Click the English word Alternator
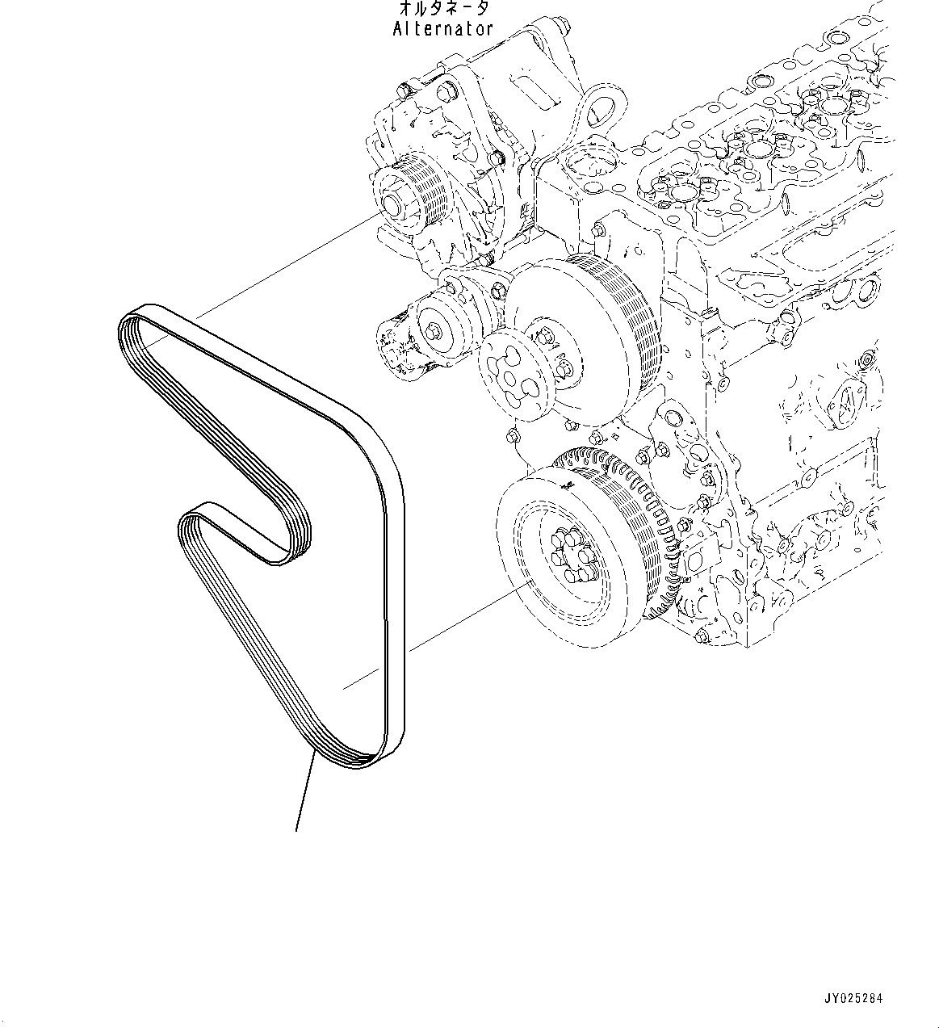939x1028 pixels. [442, 29]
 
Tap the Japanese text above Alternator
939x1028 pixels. [443, 9]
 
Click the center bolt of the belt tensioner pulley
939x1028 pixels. [436, 330]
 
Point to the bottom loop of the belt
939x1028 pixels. [355, 755]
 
